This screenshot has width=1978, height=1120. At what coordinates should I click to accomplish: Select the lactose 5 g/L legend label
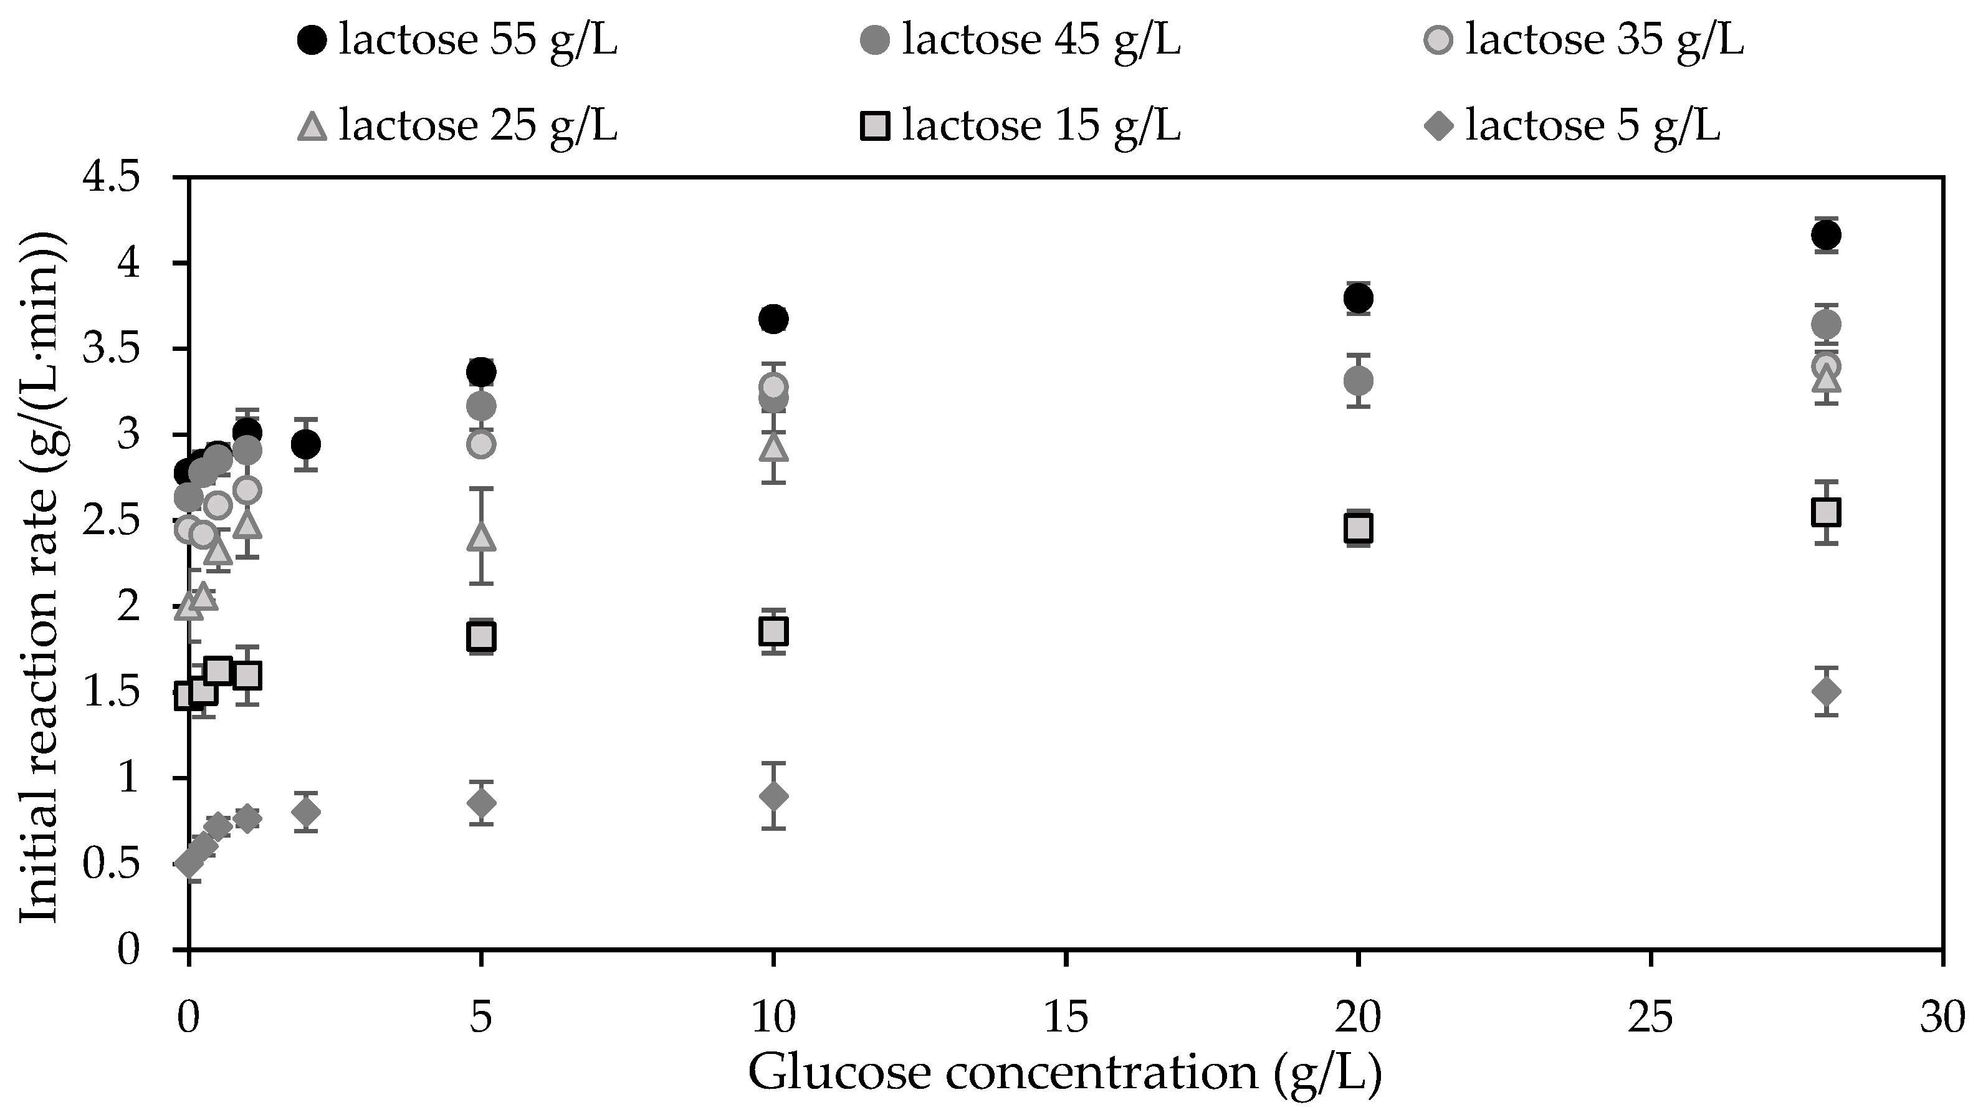click(1592, 125)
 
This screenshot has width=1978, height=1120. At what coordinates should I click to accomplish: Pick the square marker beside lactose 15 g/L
click(875, 125)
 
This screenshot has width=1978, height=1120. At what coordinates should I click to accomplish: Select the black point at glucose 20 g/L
click(1359, 298)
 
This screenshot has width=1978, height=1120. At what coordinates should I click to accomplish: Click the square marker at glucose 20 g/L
click(1359, 529)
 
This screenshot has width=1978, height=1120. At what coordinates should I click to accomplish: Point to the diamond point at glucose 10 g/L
click(773, 796)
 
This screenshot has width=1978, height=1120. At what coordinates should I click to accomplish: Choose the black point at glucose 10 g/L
click(773, 318)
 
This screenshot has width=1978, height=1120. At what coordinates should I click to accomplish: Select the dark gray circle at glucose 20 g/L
click(1359, 380)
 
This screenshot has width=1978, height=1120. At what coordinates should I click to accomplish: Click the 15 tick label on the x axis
click(1066, 1019)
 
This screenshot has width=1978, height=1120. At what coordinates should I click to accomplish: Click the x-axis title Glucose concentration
click(1065, 1074)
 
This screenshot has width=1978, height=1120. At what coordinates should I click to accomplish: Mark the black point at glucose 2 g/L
click(306, 444)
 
